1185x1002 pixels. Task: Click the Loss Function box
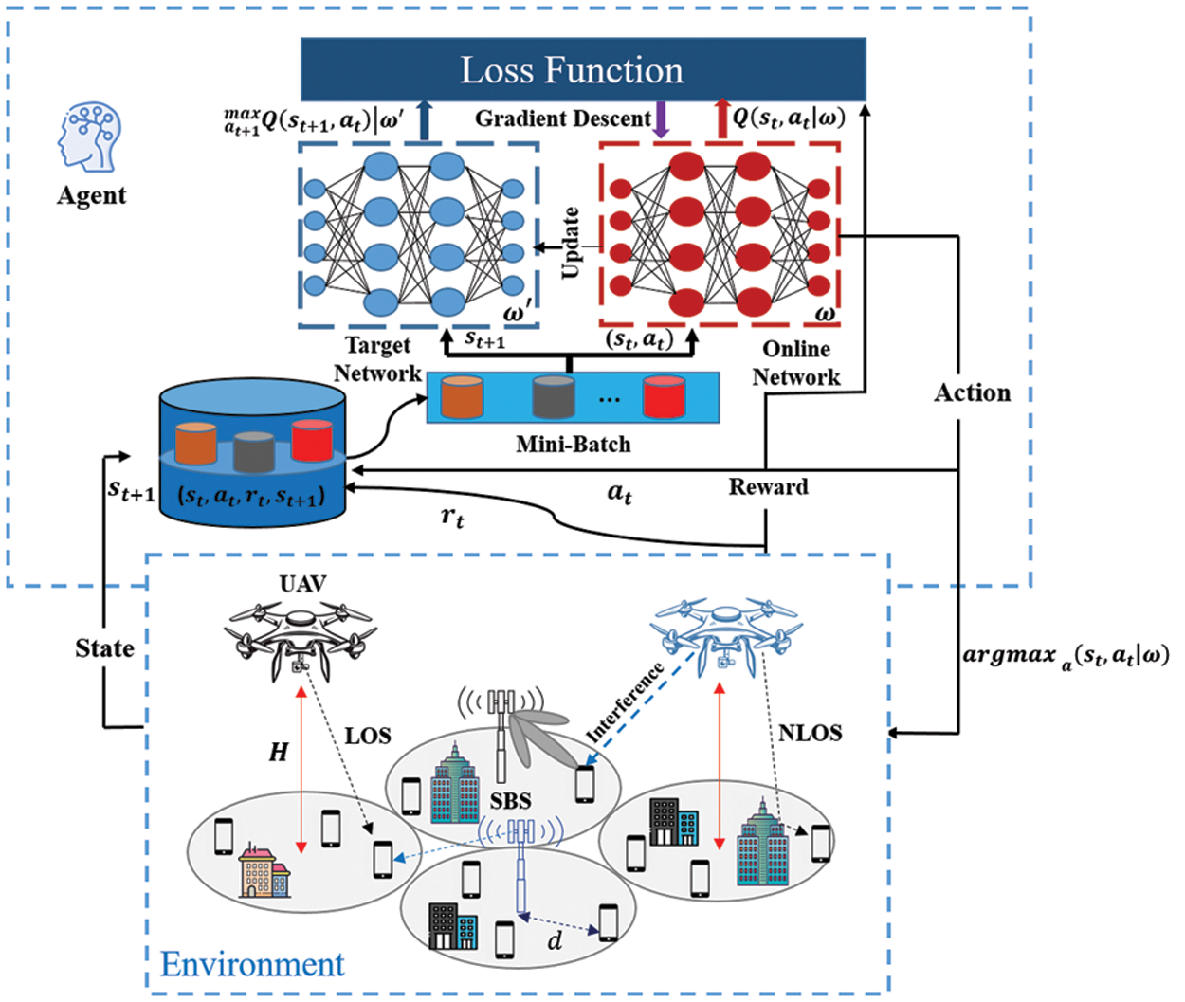[x=582, y=69]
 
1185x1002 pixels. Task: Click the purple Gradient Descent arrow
[x=662, y=119]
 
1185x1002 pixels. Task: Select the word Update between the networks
[x=571, y=243]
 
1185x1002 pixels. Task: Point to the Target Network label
[x=377, y=359]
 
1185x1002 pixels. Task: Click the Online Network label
[x=796, y=363]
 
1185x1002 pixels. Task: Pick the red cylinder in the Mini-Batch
[x=664, y=396]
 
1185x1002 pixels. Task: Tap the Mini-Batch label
[x=573, y=444]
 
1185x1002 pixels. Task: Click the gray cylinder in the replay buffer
[x=253, y=451]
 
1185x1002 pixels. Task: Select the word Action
[x=973, y=392]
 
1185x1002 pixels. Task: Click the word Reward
[x=768, y=487]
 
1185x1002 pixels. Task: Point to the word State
[x=104, y=648]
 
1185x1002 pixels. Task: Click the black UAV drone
[x=301, y=635]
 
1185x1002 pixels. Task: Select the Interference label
[x=626, y=702]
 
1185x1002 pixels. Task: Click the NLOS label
[x=810, y=733]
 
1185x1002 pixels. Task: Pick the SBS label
[x=510, y=801]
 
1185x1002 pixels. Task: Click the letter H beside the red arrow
[x=278, y=753]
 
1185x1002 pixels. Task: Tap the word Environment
[x=252, y=964]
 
